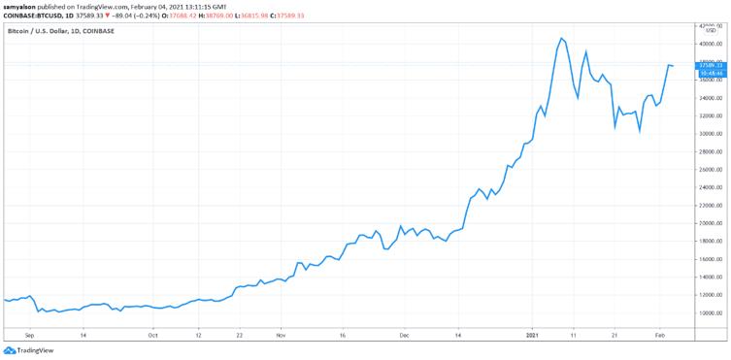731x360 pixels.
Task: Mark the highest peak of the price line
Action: click(x=561, y=38)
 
